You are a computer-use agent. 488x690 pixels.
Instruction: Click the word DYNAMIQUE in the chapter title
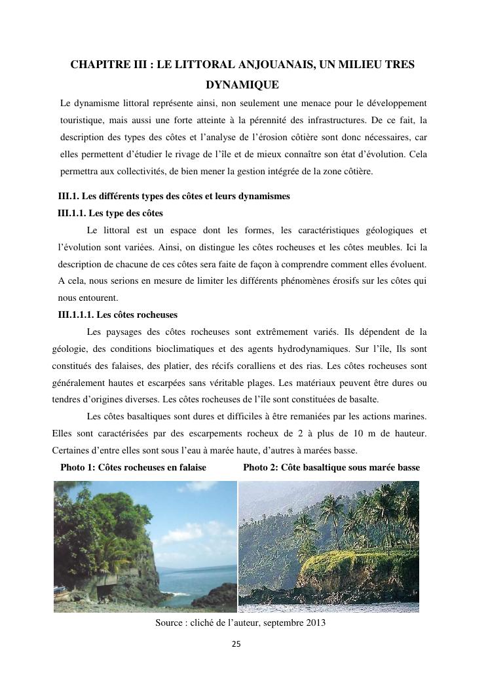242,85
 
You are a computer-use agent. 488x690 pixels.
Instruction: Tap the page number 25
236,644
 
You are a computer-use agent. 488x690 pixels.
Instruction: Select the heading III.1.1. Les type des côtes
110,214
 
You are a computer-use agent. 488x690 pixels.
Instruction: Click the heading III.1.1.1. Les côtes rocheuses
117,315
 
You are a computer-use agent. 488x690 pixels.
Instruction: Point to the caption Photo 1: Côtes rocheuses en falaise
133,467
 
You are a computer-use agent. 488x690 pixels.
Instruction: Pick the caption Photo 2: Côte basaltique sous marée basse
331,467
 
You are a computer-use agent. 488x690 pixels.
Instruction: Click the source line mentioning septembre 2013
240,623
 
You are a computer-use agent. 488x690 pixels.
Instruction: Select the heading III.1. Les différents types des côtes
174,197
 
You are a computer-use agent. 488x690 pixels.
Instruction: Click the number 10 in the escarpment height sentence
369,433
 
